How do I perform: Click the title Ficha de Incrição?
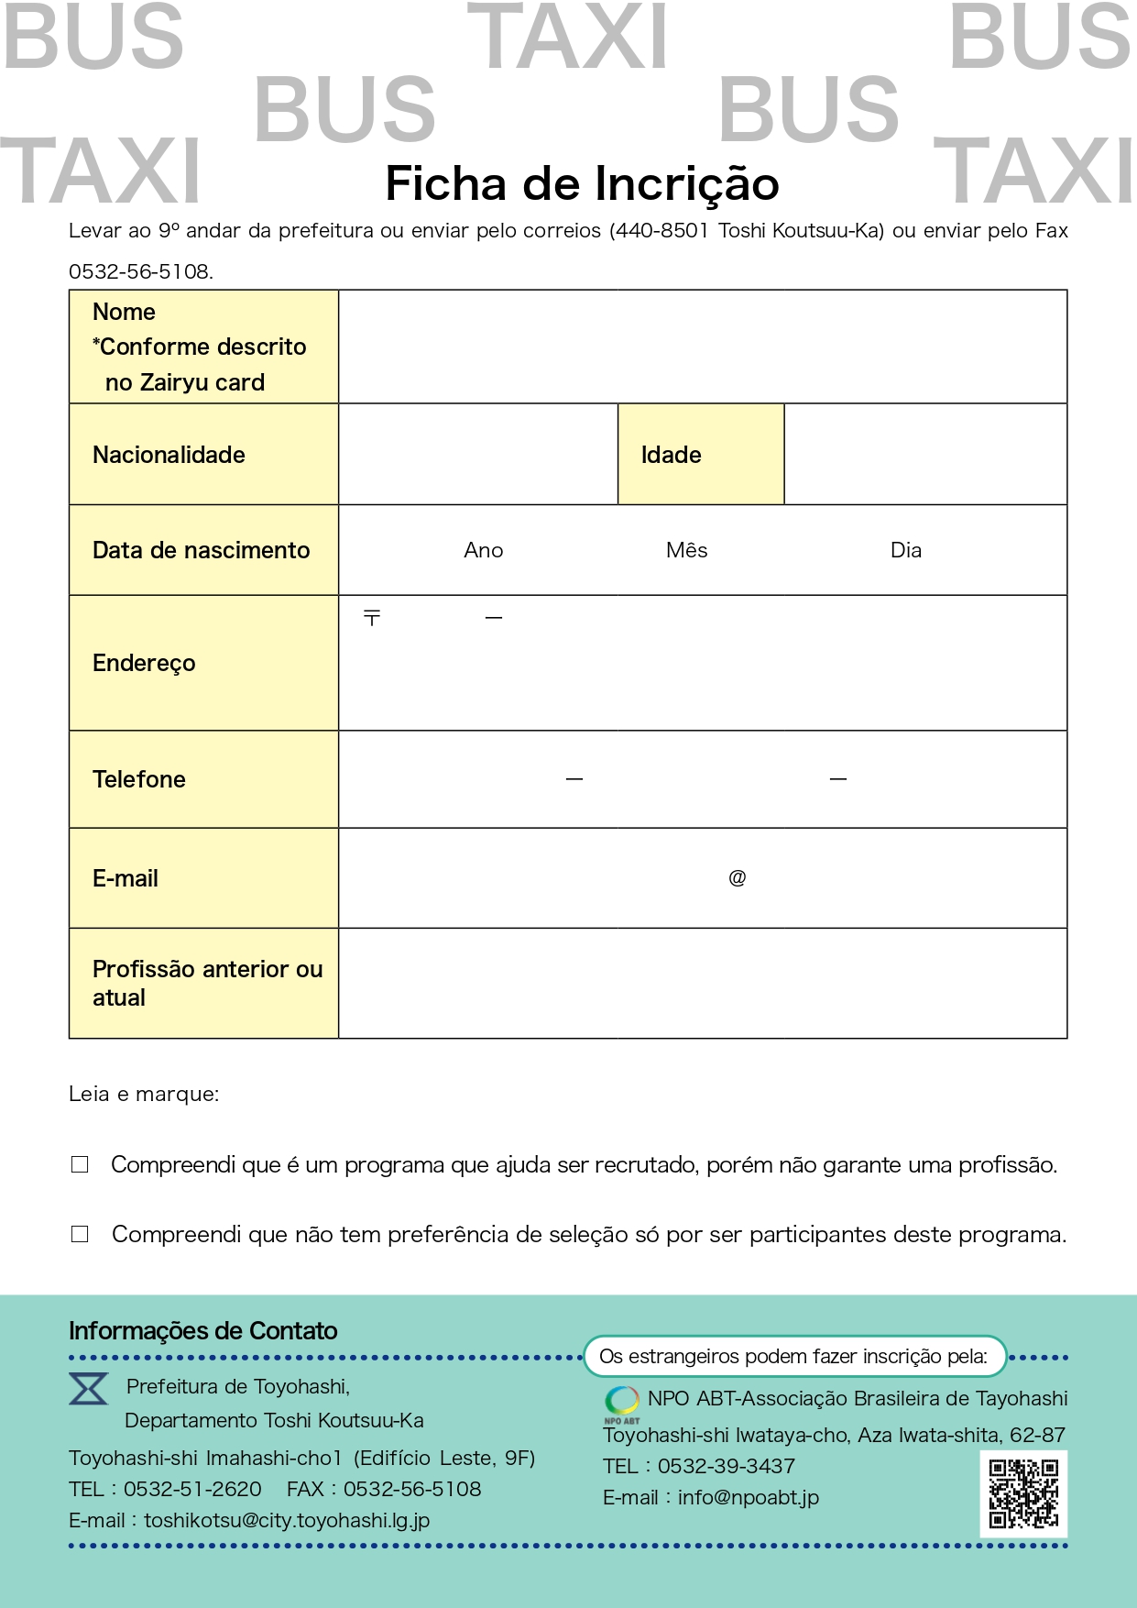pyautogui.click(x=582, y=183)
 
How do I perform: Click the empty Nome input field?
pyautogui.click(x=702, y=347)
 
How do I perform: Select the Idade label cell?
pyautogui.click(x=700, y=455)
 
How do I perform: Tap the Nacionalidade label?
pyautogui.click(x=169, y=455)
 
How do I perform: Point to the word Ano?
pyautogui.click(x=483, y=550)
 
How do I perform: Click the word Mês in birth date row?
pyautogui.click(x=686, y=550)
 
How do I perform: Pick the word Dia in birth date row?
pyautogui.click(x=905, y=550)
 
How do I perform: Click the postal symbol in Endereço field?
pyautogui.click(x=372, y=618)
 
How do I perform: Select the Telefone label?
pyautogui.click(x=139, y=779)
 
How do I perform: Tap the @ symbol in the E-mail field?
pyautogui.click(x=737, y=878)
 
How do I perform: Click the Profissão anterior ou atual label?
pyautogui.click(x=207, y=983)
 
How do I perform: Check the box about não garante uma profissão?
pyautogui.click(x=80, y=1164)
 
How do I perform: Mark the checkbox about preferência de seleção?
pyautogui.click(x=80, y=1234)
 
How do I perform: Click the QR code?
pyautogui.click(x=1023, y=1493)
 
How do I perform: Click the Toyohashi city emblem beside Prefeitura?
pyautogui.click(x=89, y=1389)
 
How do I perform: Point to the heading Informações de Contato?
pyautogui.click(x=202, y=1331)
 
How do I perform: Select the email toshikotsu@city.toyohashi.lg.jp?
pyautogui.click(x=286, y=1520)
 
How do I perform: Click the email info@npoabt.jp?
pyautogui.click(x=748, y=1497)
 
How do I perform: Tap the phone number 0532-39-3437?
pyautogui.click(x=726, y=1466)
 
